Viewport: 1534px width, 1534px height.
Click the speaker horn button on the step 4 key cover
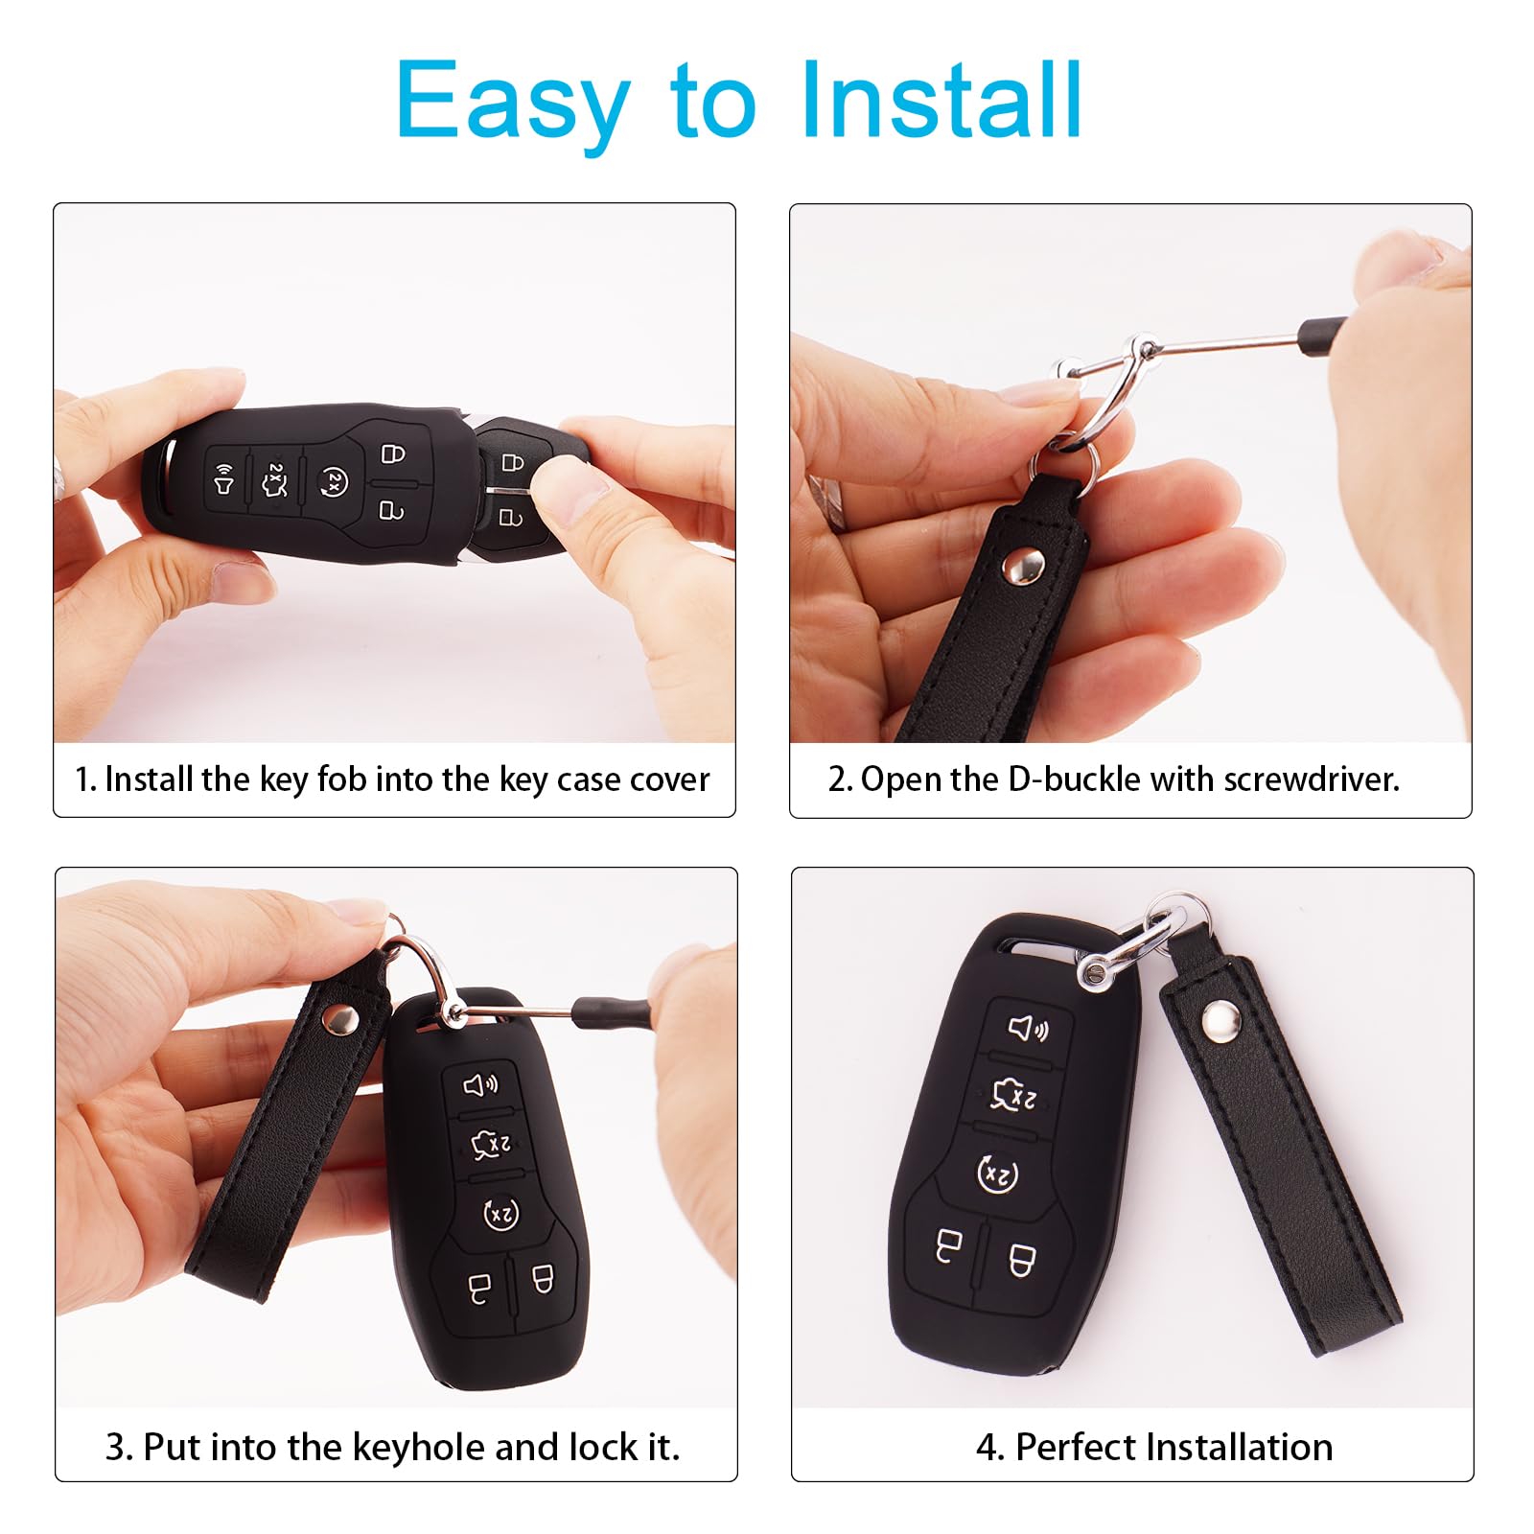(x=1028, y=1029)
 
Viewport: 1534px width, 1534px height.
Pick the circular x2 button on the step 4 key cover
(x=997, y=1174)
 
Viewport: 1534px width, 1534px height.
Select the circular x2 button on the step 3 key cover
(x=500, y=1215)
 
